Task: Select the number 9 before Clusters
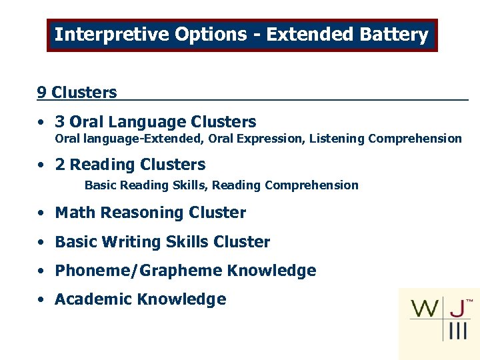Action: [41, 93]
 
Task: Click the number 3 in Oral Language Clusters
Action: [60, 122]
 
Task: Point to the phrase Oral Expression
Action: [251, 139]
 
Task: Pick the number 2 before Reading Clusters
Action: [60, 165]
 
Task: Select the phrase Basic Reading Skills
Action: [145, 185]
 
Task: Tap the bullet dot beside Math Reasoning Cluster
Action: [41, 213]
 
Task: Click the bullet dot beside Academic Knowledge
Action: [41, 300]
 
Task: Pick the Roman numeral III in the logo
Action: [457, 331]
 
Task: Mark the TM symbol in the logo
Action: [469, 301]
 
